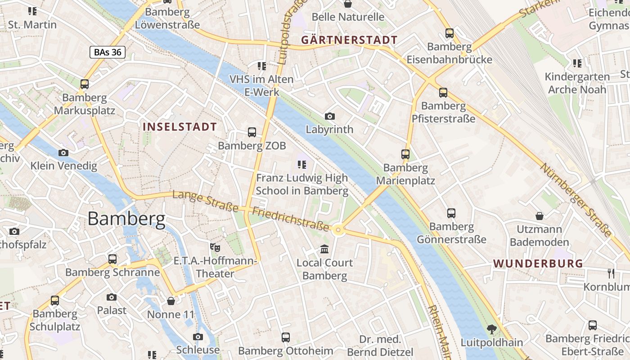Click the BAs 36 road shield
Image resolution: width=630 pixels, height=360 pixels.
pyautogui.click(x=107, y=52)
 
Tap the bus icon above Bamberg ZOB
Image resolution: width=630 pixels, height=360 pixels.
pyautogui.click(x=252, y=132)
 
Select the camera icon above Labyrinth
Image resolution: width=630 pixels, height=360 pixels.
pyautogui.click(x=330, y=117)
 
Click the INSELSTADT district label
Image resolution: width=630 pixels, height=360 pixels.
pyautogui.click(x=180, y=127)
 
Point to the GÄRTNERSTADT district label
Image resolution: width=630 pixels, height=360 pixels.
pyautogui.click(x=349, y=40)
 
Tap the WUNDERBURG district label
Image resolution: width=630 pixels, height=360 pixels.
pyautogui.click(x=538, y=264)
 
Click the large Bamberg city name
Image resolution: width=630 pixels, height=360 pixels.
pyautogui.click(x=126, y=219)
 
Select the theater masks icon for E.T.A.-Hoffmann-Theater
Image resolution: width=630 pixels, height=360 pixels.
pyautogui.click(x=215, y=247)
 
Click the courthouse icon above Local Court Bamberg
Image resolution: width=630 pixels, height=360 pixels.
pyautogui.click(x=324, y=249)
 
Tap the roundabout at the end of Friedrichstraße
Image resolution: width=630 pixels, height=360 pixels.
pyautogui.click(x=339, y=231)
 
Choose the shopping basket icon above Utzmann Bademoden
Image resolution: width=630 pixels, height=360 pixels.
pyautogui.click(x=540, y=216)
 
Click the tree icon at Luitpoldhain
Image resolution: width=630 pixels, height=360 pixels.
pyautogui.click(x=492, y=329)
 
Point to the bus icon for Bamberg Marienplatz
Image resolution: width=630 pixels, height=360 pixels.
pyautogui.click(x=405, y=154)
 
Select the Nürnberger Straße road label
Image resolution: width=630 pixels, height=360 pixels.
pyautogui.click(x=576, y=200)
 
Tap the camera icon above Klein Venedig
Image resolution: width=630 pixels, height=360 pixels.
pyautogui.click(x=63, y=153)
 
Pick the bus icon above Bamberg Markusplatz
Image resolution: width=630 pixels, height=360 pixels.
pyautogui.click(x=85, y=84)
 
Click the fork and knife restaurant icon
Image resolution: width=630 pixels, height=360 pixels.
pyautogui.click(x=611, y=273)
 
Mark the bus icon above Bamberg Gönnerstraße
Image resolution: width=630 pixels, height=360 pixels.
pyautogui.click(x=451, y=213)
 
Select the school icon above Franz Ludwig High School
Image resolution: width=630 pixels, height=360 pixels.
pyautogui.click(x=302, y=165)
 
